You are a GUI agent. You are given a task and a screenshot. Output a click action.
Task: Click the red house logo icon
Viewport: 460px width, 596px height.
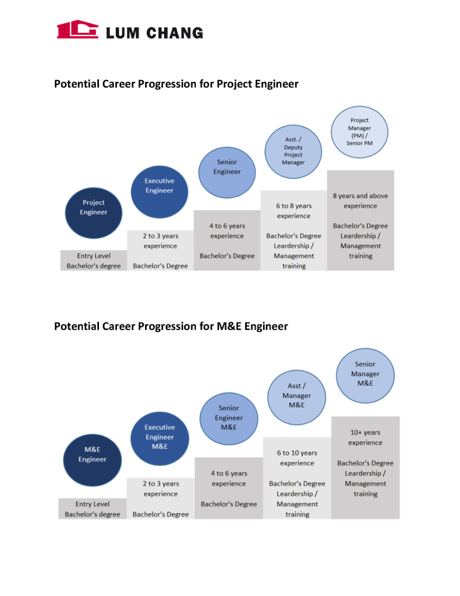tap(77, 29)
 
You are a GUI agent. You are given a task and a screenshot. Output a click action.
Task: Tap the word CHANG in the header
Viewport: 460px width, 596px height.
tap(174, 33)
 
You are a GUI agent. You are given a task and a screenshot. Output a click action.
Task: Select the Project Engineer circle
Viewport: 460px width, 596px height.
tap(94, 212)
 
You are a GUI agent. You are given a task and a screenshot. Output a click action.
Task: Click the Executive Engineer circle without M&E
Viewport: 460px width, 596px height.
tap(159, 191)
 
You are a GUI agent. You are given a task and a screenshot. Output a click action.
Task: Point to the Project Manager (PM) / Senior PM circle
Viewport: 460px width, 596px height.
tap(359, 132)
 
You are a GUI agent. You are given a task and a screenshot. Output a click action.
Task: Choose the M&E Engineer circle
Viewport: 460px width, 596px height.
tap(92, 460)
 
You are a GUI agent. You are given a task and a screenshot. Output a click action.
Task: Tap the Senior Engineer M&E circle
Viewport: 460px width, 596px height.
tap(229, 418)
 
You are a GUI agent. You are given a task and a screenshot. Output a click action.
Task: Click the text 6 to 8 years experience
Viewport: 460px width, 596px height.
tap(294, 211)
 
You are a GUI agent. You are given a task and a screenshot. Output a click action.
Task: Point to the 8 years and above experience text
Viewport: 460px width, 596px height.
tap(360, 201)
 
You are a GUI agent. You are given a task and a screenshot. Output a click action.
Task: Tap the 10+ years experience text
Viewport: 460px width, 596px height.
tap(365, 438)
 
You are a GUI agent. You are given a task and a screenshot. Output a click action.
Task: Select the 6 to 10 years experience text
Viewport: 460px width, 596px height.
tap(297, 458)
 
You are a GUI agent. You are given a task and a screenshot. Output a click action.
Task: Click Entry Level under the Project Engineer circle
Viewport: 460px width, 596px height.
tap(94, 256)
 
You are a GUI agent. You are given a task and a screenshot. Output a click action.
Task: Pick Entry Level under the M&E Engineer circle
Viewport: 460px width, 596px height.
tap(92, 504)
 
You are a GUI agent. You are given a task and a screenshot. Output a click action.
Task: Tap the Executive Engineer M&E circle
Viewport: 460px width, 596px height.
tap(160, 438)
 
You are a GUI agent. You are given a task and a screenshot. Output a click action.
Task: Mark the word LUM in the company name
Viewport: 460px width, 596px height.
tap(122, 33)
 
